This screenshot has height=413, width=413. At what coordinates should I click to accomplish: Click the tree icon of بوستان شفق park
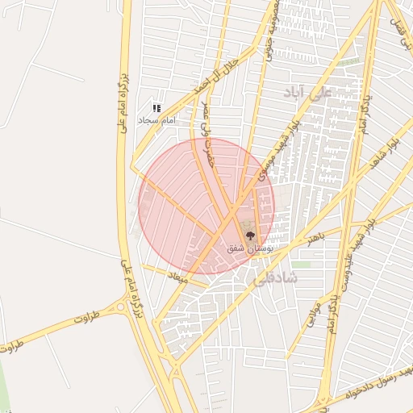coord(250,236)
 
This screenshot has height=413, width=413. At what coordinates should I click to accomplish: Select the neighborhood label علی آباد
coord(307,92)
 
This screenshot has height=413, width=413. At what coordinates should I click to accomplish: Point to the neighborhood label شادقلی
coord(275,279)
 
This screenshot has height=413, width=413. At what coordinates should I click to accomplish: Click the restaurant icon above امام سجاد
coord(157,107)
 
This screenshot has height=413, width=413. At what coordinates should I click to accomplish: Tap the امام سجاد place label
coord(156,120)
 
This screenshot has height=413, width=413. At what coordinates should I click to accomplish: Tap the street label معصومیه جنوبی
coord(267,34)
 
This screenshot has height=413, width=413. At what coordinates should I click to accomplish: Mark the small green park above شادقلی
coord(301,264)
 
